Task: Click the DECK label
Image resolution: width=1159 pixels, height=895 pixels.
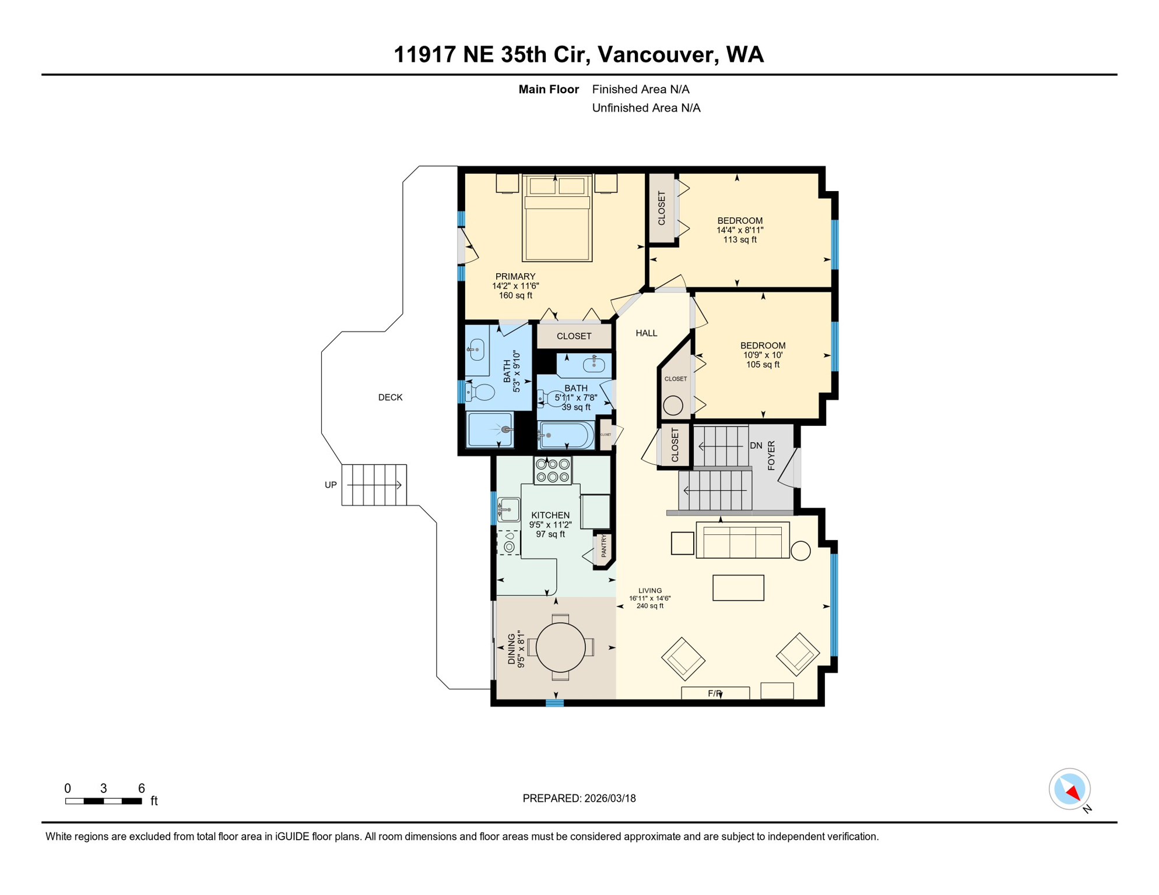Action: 390,397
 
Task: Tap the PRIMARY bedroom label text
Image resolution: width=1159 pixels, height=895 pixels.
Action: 515,277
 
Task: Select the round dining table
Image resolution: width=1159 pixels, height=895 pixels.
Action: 560,647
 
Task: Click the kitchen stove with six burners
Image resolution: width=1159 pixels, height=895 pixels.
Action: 553,471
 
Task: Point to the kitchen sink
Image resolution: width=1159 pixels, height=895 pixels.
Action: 508,510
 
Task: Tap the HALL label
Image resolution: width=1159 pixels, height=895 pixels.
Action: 646,333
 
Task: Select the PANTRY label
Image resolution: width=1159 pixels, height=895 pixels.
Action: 604,547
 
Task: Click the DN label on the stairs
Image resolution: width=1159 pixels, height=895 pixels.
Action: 756,446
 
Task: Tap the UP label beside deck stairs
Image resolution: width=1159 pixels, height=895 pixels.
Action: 331,485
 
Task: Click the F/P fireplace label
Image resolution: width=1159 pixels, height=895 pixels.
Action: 715,693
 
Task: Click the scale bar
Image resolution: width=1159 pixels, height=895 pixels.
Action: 104,801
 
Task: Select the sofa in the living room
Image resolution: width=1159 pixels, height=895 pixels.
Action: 742,541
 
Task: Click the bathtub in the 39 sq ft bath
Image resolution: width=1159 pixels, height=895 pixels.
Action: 566,435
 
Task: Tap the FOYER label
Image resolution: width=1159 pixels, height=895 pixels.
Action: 771,455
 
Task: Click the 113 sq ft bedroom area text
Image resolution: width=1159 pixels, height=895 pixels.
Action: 739,239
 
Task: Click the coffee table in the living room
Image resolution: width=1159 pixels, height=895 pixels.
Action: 738,587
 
